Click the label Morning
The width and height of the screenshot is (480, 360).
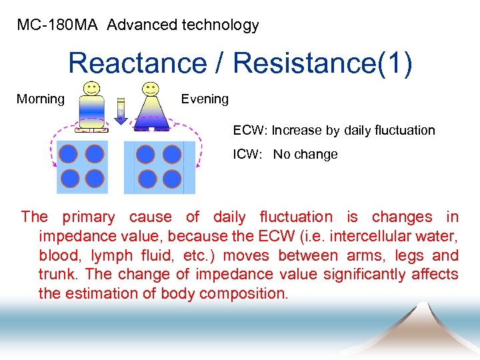click(x=41, y=99)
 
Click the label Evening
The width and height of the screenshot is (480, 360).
click(x=205, y=99)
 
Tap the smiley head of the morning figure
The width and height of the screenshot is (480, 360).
click(x=92, y=88)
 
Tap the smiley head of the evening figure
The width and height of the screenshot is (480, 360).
click(x=151, y=88)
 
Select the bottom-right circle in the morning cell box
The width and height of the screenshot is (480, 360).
click(x=95, y=179)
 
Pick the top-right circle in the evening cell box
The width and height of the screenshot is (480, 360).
click(x=172, y=155)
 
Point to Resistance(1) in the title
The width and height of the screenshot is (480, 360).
click(x=323, y=63)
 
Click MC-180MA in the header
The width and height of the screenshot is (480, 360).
click(x=57, y=26)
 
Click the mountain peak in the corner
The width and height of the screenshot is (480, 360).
click(x=423, y=305)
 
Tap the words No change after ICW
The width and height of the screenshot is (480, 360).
click(x=305, y=155)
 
